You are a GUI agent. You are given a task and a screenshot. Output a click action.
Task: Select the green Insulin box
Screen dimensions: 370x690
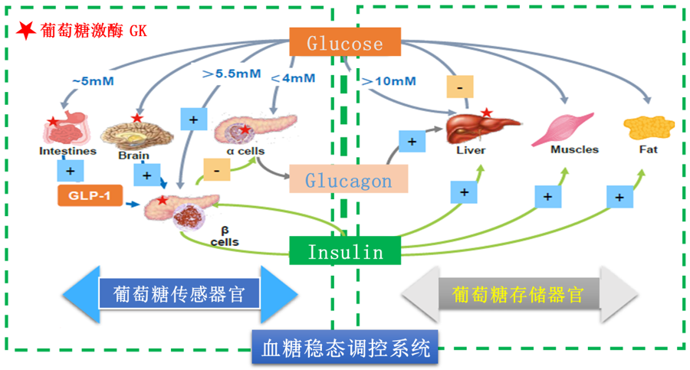click(x=346, y=251)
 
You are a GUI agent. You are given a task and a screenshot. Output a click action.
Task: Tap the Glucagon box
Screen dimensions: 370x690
click(x=348, y=181)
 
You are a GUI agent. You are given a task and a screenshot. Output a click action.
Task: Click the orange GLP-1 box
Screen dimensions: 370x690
click(x=90, y=196)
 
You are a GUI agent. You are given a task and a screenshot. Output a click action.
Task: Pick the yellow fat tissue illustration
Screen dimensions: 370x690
click(x=646, y=127)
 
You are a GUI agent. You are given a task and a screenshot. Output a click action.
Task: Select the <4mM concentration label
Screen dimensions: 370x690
click(x=293, y=77)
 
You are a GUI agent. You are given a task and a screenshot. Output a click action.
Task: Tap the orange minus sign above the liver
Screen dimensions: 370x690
click(x=459, y=87)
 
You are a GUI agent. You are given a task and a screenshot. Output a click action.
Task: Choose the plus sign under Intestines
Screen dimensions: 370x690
click(x=70, y=169)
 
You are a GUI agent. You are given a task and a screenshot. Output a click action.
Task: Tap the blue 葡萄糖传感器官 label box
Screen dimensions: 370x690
click(x=179, y=294)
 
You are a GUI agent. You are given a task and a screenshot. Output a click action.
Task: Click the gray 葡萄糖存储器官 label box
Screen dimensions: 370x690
click(x=518, y=294)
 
